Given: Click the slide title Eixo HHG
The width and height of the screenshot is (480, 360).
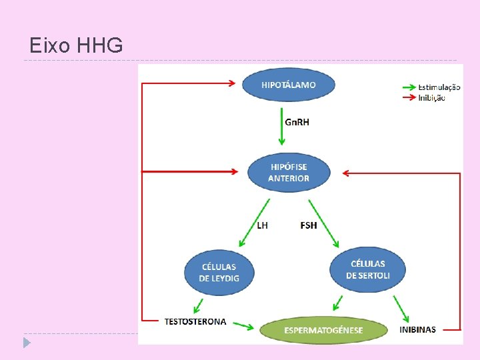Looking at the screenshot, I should [77, 45].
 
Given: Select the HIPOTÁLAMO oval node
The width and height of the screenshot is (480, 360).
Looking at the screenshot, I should [288, 85].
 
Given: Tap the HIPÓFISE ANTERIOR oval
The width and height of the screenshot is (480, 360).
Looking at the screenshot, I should [289, 173].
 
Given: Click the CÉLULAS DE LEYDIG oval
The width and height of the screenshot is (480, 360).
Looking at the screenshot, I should [219, 272].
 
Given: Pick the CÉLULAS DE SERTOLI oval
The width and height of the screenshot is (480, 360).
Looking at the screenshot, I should [368, 269].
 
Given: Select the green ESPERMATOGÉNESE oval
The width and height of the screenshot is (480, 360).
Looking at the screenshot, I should [324, 330].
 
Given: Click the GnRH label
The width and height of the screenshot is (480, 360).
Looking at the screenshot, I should [297, 122].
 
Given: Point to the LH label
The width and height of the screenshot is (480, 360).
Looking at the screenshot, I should [263, 225].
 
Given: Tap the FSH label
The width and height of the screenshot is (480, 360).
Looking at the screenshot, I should [309, 225].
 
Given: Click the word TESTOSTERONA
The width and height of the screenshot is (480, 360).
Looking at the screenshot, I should [195, 321].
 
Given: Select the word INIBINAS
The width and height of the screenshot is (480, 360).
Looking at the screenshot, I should [418, 329].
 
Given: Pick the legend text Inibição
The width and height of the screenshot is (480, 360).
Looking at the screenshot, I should [432, 98].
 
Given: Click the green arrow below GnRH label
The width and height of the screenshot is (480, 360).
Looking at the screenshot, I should [282, 129].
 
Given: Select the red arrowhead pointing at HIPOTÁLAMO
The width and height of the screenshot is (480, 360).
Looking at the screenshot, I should [231, 83].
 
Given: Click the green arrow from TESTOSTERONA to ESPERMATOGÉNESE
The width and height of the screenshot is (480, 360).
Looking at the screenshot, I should [243, 327].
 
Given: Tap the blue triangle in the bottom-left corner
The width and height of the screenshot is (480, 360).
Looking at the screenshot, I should [26, 343].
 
